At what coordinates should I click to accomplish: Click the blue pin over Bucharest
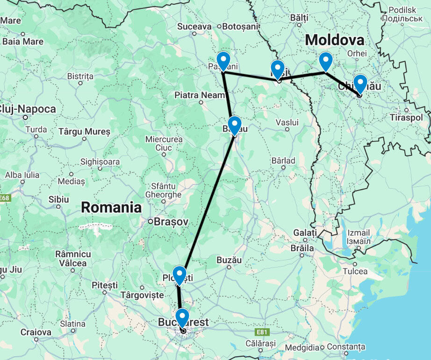click(x=182, y=318)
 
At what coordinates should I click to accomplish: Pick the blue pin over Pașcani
click(x=223, y=61)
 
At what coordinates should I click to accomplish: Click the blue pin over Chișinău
click(x=360, y=84)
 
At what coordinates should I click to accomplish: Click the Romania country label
click(x=111, y=208)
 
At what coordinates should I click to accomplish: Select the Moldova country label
click(x=334, y=40)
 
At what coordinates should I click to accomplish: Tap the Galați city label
click(x=305, y=233)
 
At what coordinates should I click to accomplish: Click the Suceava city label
click(x=194, y=27)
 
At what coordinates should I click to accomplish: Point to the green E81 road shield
click(x=263, y=332)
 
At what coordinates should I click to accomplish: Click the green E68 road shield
click(x=4, y=198)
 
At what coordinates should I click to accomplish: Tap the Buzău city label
click(x=229, y=260)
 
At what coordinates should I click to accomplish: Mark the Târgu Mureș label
click(x=85, y=132)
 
